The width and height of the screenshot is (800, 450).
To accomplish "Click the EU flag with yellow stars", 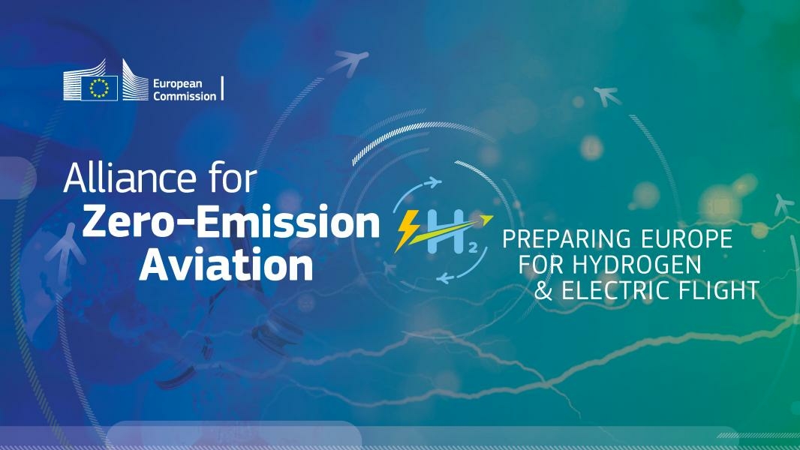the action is click(x=99, y=88).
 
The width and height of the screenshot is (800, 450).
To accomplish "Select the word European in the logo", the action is click(x=178, y=83).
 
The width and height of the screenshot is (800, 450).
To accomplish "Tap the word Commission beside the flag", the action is click(x=185, y=96).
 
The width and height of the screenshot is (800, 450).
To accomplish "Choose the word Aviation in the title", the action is click(x=226, y=265).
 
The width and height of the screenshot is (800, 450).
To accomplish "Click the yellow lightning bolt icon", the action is click(x=406, y=231).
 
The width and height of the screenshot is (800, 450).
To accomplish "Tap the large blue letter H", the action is click(x=446, y=231).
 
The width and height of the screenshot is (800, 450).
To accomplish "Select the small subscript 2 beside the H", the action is click(x=473, y=249).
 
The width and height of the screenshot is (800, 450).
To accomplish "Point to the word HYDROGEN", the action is click(x=636, y=265).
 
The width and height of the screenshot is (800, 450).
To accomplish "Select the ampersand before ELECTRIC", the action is click(x=543, y=291).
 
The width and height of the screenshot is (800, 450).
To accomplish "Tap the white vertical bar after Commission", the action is click(x=222, y=88).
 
